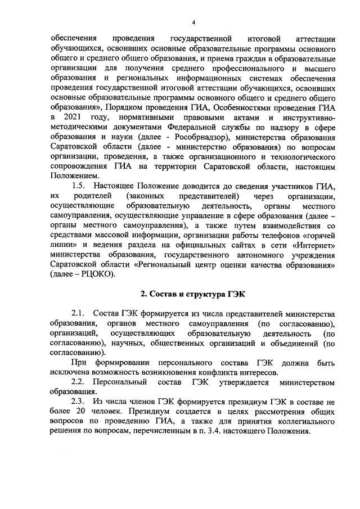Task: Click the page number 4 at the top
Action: click(x=192, y=22)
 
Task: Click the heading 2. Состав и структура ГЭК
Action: click(x=192, y=294)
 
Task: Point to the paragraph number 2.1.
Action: click(x=79, y=313)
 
